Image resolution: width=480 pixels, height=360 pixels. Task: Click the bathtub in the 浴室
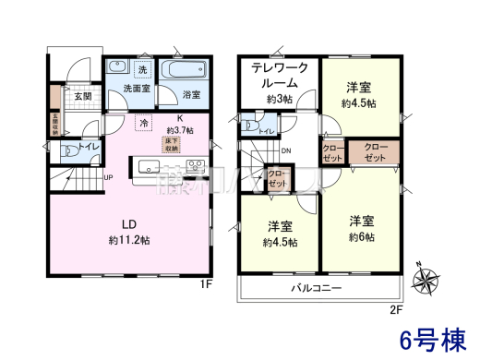click(185, 72)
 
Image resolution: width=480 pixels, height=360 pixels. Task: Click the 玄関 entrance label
click(82, 96)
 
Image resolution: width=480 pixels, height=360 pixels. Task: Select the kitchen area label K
click(180, 118)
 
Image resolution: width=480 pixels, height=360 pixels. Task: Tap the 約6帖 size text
click(362, 236)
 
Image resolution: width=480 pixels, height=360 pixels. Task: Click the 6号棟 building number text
click(431, 339)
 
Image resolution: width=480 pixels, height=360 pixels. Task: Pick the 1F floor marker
click(208, 284)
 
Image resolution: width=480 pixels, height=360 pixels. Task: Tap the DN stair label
click(286, 152)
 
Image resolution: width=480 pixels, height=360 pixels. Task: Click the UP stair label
click(108, 177)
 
